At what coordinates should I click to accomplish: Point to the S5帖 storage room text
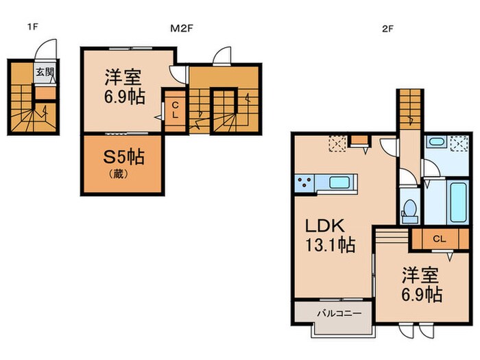[123, 156]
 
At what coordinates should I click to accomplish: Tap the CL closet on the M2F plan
[175, 110]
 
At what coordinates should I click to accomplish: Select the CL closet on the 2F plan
[440, 239]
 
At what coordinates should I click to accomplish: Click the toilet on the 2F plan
[409, 208]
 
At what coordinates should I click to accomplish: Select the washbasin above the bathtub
[435, 143]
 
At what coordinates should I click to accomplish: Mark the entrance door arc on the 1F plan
[45, 49]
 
